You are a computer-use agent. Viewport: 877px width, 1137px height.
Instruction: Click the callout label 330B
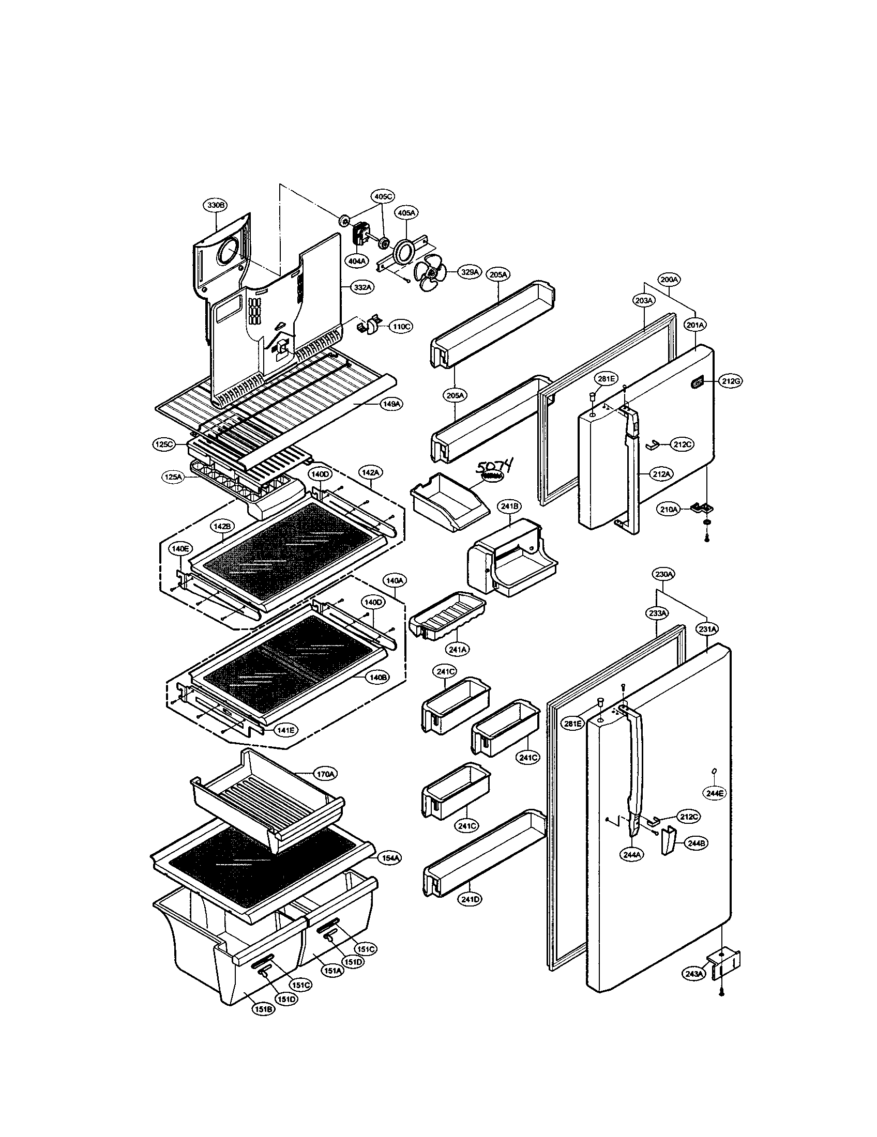click(x=215, y=206)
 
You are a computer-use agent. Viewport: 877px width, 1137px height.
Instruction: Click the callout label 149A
click(x=390, y=403)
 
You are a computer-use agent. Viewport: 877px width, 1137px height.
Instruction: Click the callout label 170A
click(x=324, y=789)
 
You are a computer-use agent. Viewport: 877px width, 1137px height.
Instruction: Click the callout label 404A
click(x=357, y=260)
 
